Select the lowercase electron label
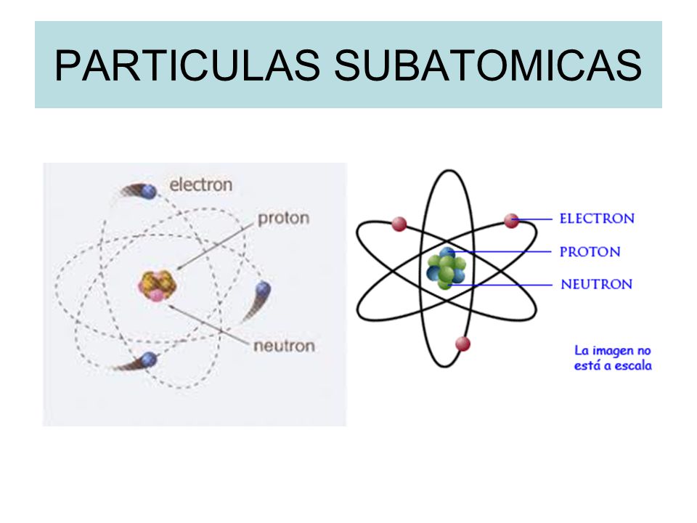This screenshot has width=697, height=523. [x=201, y=185]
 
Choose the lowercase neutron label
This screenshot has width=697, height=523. [x=284, y=345]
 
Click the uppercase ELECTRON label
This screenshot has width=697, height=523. [x=597, y=218]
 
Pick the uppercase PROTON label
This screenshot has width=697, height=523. [x=590, y=252]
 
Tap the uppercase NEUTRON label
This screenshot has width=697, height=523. [x=596, y=284]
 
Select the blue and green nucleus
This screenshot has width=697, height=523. [x=445, y=269]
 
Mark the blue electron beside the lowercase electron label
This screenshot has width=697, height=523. [x=149, y=192]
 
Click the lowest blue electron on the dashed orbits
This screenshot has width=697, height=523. [x=149, y=358]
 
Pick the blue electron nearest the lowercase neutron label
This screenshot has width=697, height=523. [x=263, y=291]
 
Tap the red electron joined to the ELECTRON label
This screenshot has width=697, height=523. [x=512, y=220]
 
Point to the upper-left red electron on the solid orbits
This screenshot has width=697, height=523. [x=399, y=224]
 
